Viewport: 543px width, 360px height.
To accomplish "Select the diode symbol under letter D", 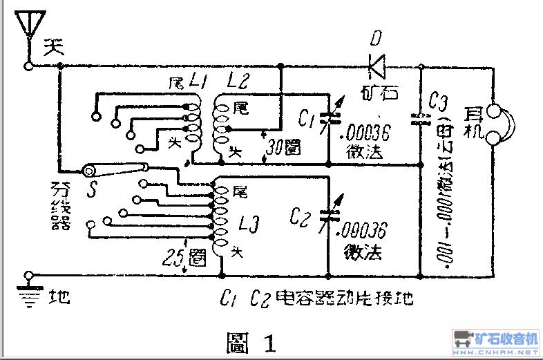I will (x=377, y=66).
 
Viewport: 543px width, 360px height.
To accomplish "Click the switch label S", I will (x=90, y=187).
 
